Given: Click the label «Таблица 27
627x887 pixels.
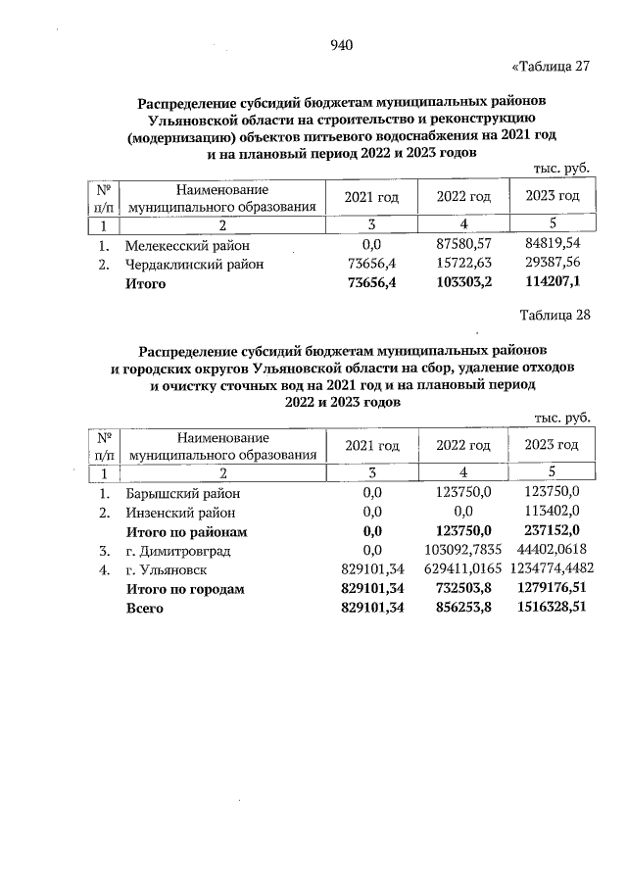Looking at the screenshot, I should (x=552, y=68).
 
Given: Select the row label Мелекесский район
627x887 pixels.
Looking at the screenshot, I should (x=187, y=246).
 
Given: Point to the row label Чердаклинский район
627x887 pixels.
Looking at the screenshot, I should (x=194, y=265).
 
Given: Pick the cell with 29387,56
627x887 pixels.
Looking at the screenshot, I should (x=553, y=265).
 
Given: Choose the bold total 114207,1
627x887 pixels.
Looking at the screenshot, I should (x=553, y=283).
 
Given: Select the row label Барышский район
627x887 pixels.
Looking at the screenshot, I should (x=182, y=493).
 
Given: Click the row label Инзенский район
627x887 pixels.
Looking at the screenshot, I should (x=180, y=512).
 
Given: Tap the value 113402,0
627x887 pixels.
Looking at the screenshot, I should (x=553, y=512).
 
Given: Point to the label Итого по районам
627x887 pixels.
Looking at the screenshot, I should (x=185, y=531).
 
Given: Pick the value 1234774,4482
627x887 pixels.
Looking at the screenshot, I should (x=553, y=569).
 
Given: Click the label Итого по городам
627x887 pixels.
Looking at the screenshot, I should (x=184, y=589).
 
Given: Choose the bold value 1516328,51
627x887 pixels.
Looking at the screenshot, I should (x=553, y=608).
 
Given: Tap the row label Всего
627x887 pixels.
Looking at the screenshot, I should (x=143, y=608).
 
